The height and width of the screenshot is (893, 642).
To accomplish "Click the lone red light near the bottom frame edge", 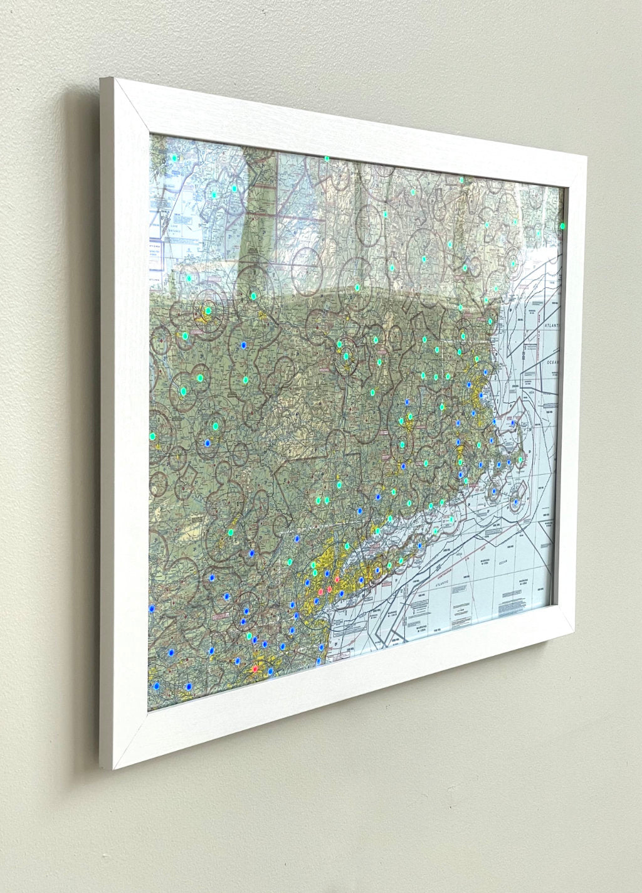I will [255, 670].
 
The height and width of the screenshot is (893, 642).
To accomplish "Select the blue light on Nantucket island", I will [515, 502].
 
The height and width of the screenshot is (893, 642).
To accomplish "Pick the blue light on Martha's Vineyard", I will [493, 491].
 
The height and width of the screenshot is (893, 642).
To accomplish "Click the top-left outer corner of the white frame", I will [102, 78].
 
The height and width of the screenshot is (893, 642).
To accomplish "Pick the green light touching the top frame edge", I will [327, 159].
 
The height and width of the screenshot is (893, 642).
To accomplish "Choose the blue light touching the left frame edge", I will [151, 608].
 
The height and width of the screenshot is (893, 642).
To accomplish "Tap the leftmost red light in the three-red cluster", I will [321, 591].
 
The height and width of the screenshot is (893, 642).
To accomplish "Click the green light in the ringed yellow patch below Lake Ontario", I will [208, 310].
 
